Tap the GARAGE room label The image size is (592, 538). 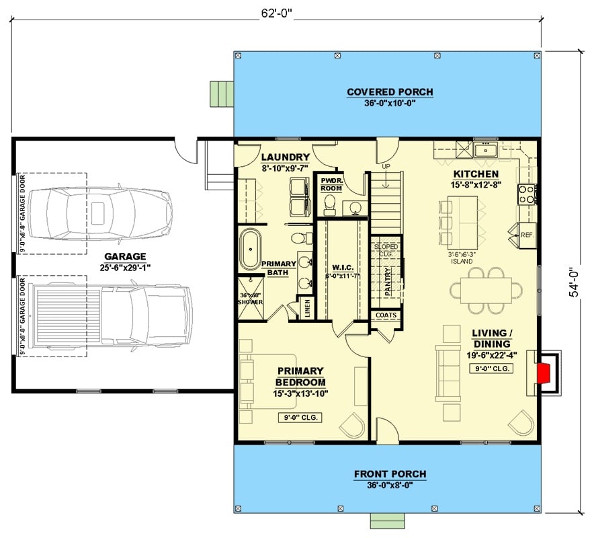coord(125,256)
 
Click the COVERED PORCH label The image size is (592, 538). coord(390,92)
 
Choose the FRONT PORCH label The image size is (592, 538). coord(390,474)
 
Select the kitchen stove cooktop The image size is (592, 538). coord(527,194)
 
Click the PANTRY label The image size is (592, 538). coord(388,282)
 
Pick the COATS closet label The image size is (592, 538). coord(386,315)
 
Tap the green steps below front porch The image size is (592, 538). coord(390,520)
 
